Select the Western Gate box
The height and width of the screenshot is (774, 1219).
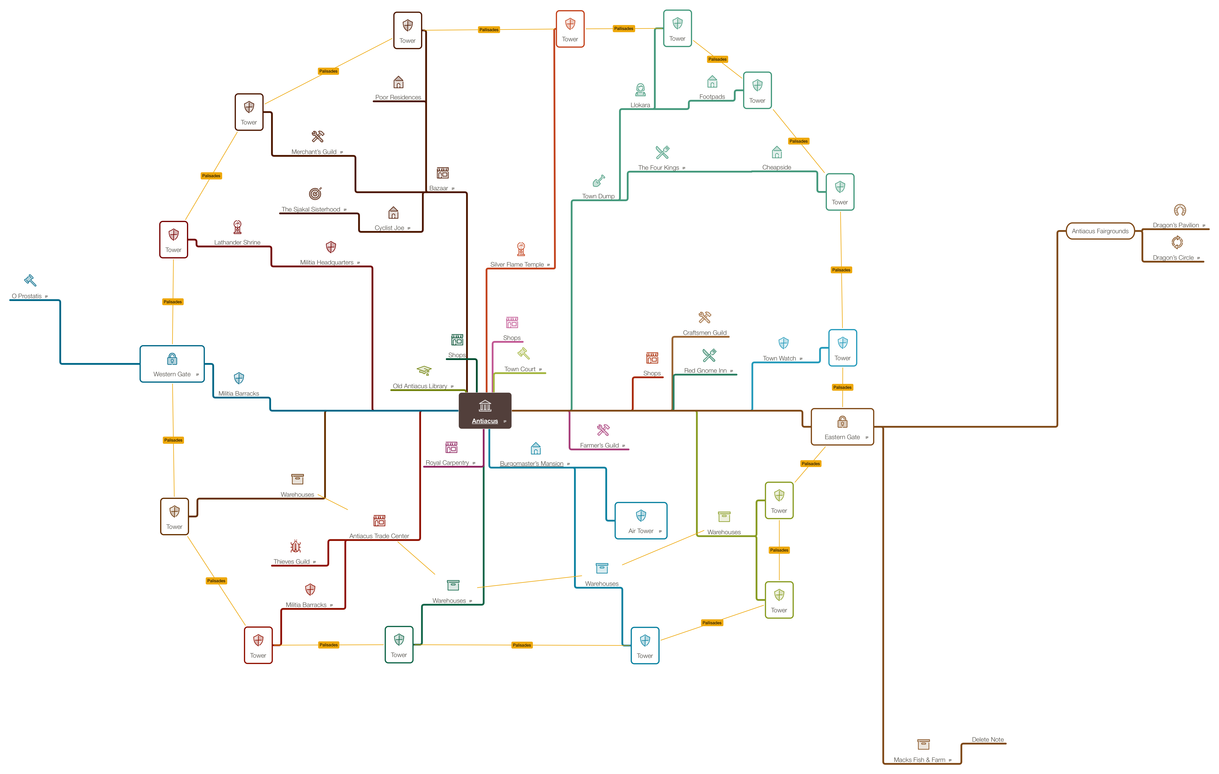(172, 364)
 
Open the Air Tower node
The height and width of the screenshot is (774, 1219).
(641, 521)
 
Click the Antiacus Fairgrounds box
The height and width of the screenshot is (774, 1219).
(1100, 231)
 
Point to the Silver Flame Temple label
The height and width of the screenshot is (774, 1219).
(517, 265)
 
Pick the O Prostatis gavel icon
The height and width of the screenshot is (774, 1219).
(30, 280)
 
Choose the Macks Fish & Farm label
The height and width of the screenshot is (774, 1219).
(919, 760)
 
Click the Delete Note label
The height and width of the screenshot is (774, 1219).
(988, 740)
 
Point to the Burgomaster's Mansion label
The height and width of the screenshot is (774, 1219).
(532, 464)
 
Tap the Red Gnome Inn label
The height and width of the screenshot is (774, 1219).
(705, 371)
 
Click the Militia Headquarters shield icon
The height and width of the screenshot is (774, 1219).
(331, 247)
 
